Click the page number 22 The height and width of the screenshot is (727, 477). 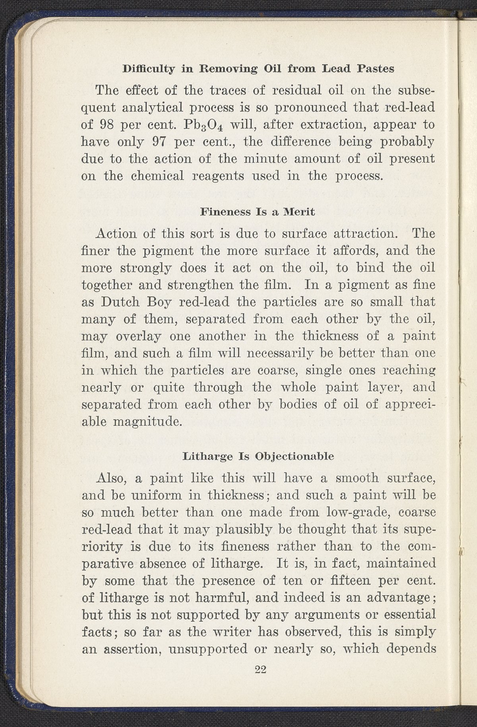(x=260, y=669)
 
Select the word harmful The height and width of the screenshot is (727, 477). (x=229, y=597)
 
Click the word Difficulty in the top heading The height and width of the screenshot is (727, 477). (x=149, y=69)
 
